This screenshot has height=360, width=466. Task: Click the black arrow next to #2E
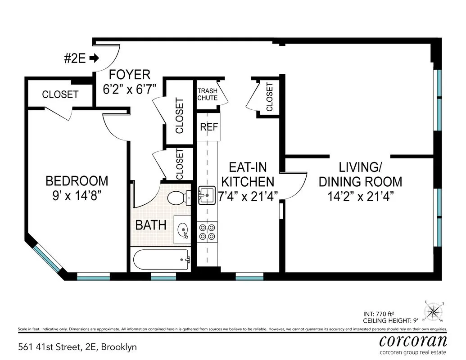tap(94, 58)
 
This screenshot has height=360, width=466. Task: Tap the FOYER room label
tap(124, 74)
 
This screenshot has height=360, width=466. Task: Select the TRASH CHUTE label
tap(207, 94)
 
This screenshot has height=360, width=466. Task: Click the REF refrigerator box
tap(208, 127)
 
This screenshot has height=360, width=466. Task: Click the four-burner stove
tap(207, 231)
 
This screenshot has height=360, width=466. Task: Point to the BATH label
tap(151, 225)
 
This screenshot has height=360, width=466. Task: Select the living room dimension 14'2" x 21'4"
tap(360, 196)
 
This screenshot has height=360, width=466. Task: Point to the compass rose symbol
tap(434, 311)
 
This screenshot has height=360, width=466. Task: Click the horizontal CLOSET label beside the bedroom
tap(60, 94)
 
